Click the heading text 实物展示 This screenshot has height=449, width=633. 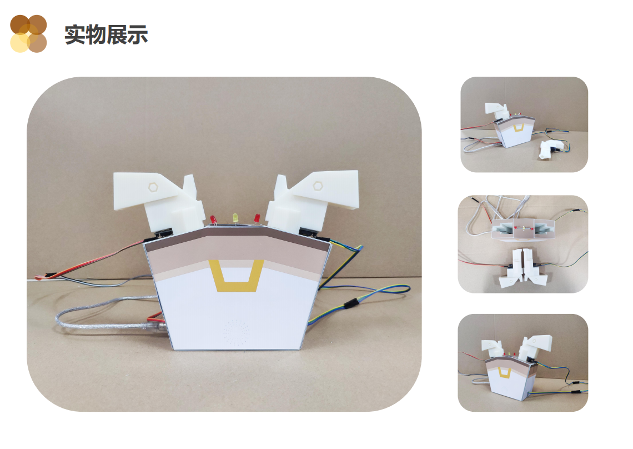click(106, 34)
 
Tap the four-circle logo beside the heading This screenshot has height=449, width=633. click(28, 34)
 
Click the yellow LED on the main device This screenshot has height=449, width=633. click(235, 218)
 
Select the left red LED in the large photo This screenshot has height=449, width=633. click(214, 220)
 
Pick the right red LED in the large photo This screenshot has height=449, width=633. click(257, 218)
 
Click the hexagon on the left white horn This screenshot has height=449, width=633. click(153, 187)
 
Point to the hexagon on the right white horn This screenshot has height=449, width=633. click(318, 186)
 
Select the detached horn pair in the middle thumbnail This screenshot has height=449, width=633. click(524, 268)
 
